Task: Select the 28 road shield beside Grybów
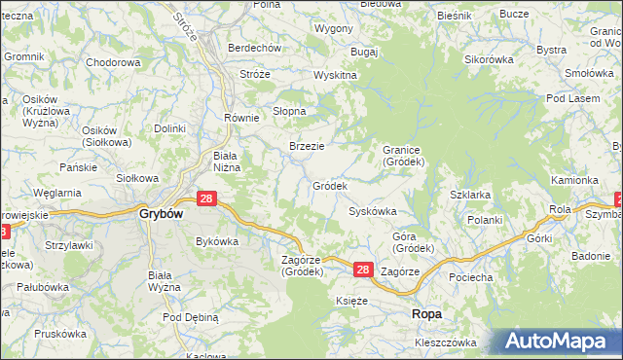point(205,198)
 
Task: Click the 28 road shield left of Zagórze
point(362,270)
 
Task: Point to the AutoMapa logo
point(560,342)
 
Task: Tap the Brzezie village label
point(307,146)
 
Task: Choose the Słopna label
point(289,111)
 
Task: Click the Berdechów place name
point(254,48)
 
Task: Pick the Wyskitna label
point(335,75)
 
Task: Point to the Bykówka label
point(217,240)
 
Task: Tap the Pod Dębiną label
point(191,317)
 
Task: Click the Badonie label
point(591,256)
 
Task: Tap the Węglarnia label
point(56,193)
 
